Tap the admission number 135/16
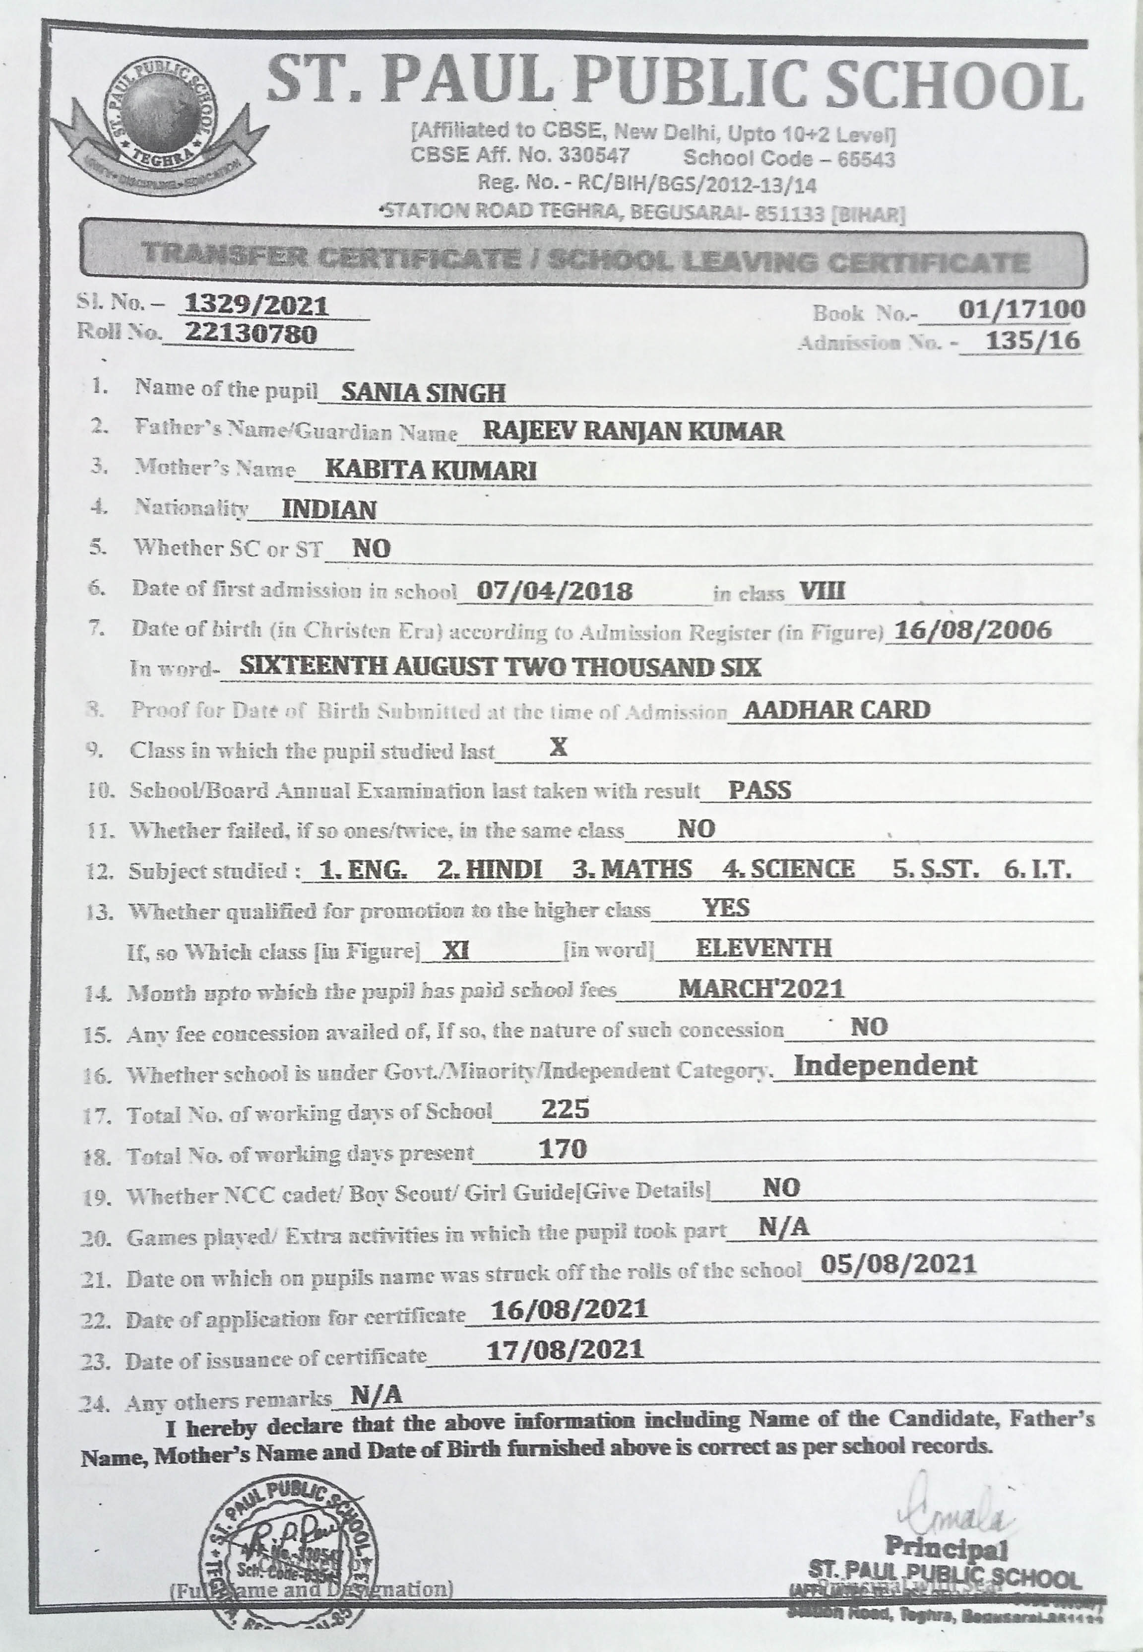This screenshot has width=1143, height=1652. point(1032,341)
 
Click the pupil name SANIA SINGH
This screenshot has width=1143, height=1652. point(423,393)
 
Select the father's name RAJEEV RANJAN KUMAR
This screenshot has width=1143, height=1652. point(633,431)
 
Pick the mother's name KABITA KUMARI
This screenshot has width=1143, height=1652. point(431,470)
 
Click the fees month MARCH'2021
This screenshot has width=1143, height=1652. point(762,989)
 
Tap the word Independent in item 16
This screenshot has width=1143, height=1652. point(885,1065)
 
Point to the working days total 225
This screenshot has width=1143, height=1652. point(565,1109)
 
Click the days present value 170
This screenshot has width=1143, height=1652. point(563,1148)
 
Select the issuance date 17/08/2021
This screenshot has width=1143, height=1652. point(565,1350)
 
